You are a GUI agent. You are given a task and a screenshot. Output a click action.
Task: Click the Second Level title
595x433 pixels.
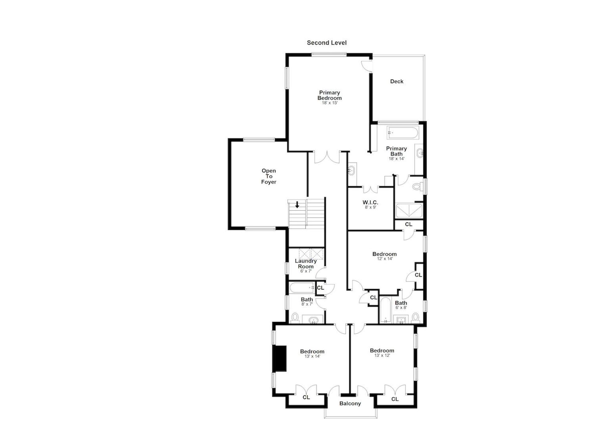327,43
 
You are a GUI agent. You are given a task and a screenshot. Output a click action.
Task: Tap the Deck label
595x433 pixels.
397,82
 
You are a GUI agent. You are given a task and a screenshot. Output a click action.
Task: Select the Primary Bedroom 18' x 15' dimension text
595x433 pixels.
329,103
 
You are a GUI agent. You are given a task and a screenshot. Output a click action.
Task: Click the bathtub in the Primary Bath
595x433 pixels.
403,133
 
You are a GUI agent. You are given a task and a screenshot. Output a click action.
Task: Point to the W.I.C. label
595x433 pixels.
370,202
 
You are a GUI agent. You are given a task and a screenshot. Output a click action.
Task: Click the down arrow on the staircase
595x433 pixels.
297,205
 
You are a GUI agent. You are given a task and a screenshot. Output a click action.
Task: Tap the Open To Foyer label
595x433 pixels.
269,176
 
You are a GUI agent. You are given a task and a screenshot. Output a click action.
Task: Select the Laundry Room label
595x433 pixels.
306,264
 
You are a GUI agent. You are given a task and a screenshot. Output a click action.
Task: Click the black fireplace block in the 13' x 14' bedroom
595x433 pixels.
279,359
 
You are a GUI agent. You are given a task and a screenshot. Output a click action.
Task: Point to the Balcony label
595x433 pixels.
350,404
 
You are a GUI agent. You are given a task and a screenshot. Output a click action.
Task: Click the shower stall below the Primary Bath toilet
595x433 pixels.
409,211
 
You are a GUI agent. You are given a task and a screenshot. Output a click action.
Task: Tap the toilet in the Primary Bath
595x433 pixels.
418,187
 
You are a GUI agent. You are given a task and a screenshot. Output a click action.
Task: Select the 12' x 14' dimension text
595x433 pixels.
385,259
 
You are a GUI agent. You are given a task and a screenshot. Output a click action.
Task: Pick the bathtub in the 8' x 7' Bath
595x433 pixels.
302,288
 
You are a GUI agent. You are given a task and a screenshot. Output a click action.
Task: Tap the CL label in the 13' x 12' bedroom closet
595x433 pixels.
395,399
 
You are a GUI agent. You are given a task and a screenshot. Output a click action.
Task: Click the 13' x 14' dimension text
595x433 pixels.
312,356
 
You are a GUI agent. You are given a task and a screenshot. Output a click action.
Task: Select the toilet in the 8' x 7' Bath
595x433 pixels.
295,318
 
